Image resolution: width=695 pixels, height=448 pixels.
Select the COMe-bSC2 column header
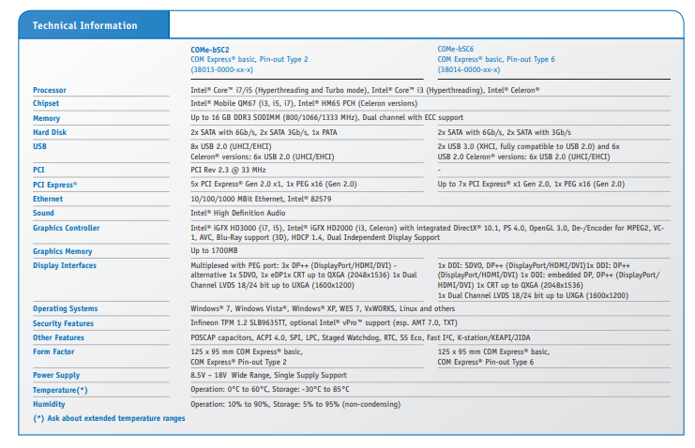(x=211, y=49)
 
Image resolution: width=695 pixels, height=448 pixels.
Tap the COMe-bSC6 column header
(x=456, y=49)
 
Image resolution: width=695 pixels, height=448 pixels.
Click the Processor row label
(x=50, y=90)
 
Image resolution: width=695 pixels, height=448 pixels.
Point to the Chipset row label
(x=46, y=103)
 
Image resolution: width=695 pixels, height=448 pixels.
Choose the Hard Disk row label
(x=50, y=132)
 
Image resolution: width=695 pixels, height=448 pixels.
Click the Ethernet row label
(x=48, y=199)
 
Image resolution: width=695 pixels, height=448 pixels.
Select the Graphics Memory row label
(x=62, y=251)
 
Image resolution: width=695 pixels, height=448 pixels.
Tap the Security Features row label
(x=63, y=322)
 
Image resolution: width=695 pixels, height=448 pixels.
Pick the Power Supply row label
(x=57, y=375)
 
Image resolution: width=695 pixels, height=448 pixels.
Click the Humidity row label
(x=49, y=404)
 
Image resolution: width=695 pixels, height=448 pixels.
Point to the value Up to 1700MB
(x=214, y=251)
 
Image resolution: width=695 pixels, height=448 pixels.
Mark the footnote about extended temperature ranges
(x=109, y=418)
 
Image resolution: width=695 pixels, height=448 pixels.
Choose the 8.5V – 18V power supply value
(x=268, y=375)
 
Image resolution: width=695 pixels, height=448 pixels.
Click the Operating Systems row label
(x=65, y=308)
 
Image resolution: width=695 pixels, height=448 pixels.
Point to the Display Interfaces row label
(x=65, y=265)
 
